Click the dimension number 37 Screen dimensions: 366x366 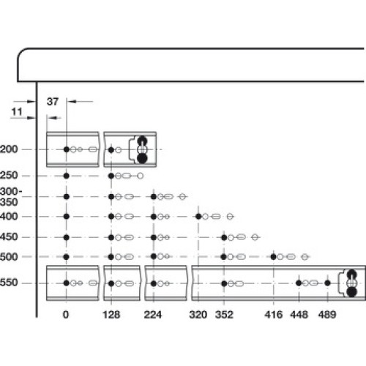pyautogui.click(x=53, y=102)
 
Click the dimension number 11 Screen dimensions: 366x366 pyautogui.click(x=17, y=112)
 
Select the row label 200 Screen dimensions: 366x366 pyautogui.click(x=9, y=149)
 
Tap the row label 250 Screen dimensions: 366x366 pyautogui.click(x=9, y=176)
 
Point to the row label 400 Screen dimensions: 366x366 pyautogui.click(x=9, y=217)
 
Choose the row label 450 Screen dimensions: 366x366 pyautogui.click(x=9, y=237)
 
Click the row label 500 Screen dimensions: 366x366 pyautogui.click(x=9, y=257)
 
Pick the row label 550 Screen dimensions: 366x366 pyautogui.click(x=9, y=283)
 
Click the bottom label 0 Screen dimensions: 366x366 pyautogui.click(x=66, y=315)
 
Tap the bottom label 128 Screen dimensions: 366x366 pyautogui.click(x=111, y=315)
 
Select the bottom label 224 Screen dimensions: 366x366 pyautogui.click(x=153, y=315)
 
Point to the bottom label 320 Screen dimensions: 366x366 pyautogui.click(x=198, y=315)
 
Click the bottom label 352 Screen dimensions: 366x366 pyautogui.click(x=224, y=315)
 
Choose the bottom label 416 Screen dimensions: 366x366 pyautogui.click(x=274, y=315)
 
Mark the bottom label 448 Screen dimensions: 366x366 pyautogui.click(x=299, y=315)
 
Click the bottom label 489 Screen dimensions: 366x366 pyautogui.click(x=327, y=315)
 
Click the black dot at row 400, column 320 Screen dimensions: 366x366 pyautogui.click(x=198, y=217)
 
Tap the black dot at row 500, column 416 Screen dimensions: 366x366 pyautogui.click(x=274, y=257)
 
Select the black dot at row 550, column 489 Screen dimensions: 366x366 pyautogui.click(x=327, y=283)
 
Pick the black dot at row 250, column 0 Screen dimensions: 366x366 pyautogui.click(x=66, y=176)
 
